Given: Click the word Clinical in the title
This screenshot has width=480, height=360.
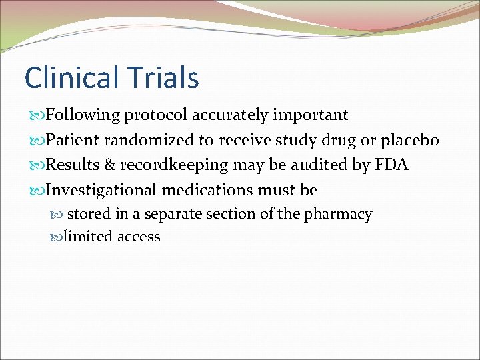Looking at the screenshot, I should point(64,77).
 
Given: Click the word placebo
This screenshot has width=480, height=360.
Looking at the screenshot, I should point(410,140).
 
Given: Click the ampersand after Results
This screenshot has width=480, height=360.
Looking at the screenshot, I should point(109,165).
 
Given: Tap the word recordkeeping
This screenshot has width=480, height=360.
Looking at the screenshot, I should point(175,165).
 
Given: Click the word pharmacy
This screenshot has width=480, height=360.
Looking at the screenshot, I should point(337,215).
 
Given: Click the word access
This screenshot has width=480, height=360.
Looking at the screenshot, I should point(139,237).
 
